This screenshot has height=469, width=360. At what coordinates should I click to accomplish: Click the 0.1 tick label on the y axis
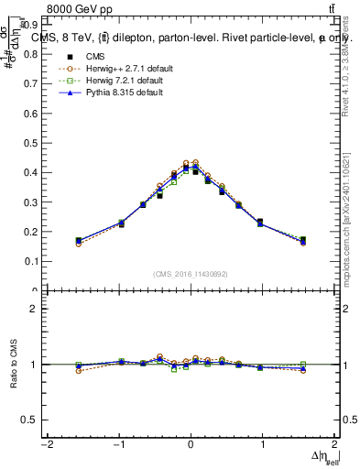tap(37, 261)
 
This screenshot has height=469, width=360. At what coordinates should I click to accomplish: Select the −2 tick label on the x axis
tap(46, 445)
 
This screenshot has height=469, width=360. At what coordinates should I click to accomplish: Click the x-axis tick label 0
tap(191, 445)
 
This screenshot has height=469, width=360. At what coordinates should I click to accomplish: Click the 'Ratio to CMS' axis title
tap(12, 364)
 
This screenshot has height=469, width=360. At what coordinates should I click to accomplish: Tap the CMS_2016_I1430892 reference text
tap(191, 274)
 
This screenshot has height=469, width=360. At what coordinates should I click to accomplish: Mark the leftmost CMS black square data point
tap(79, 241)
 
